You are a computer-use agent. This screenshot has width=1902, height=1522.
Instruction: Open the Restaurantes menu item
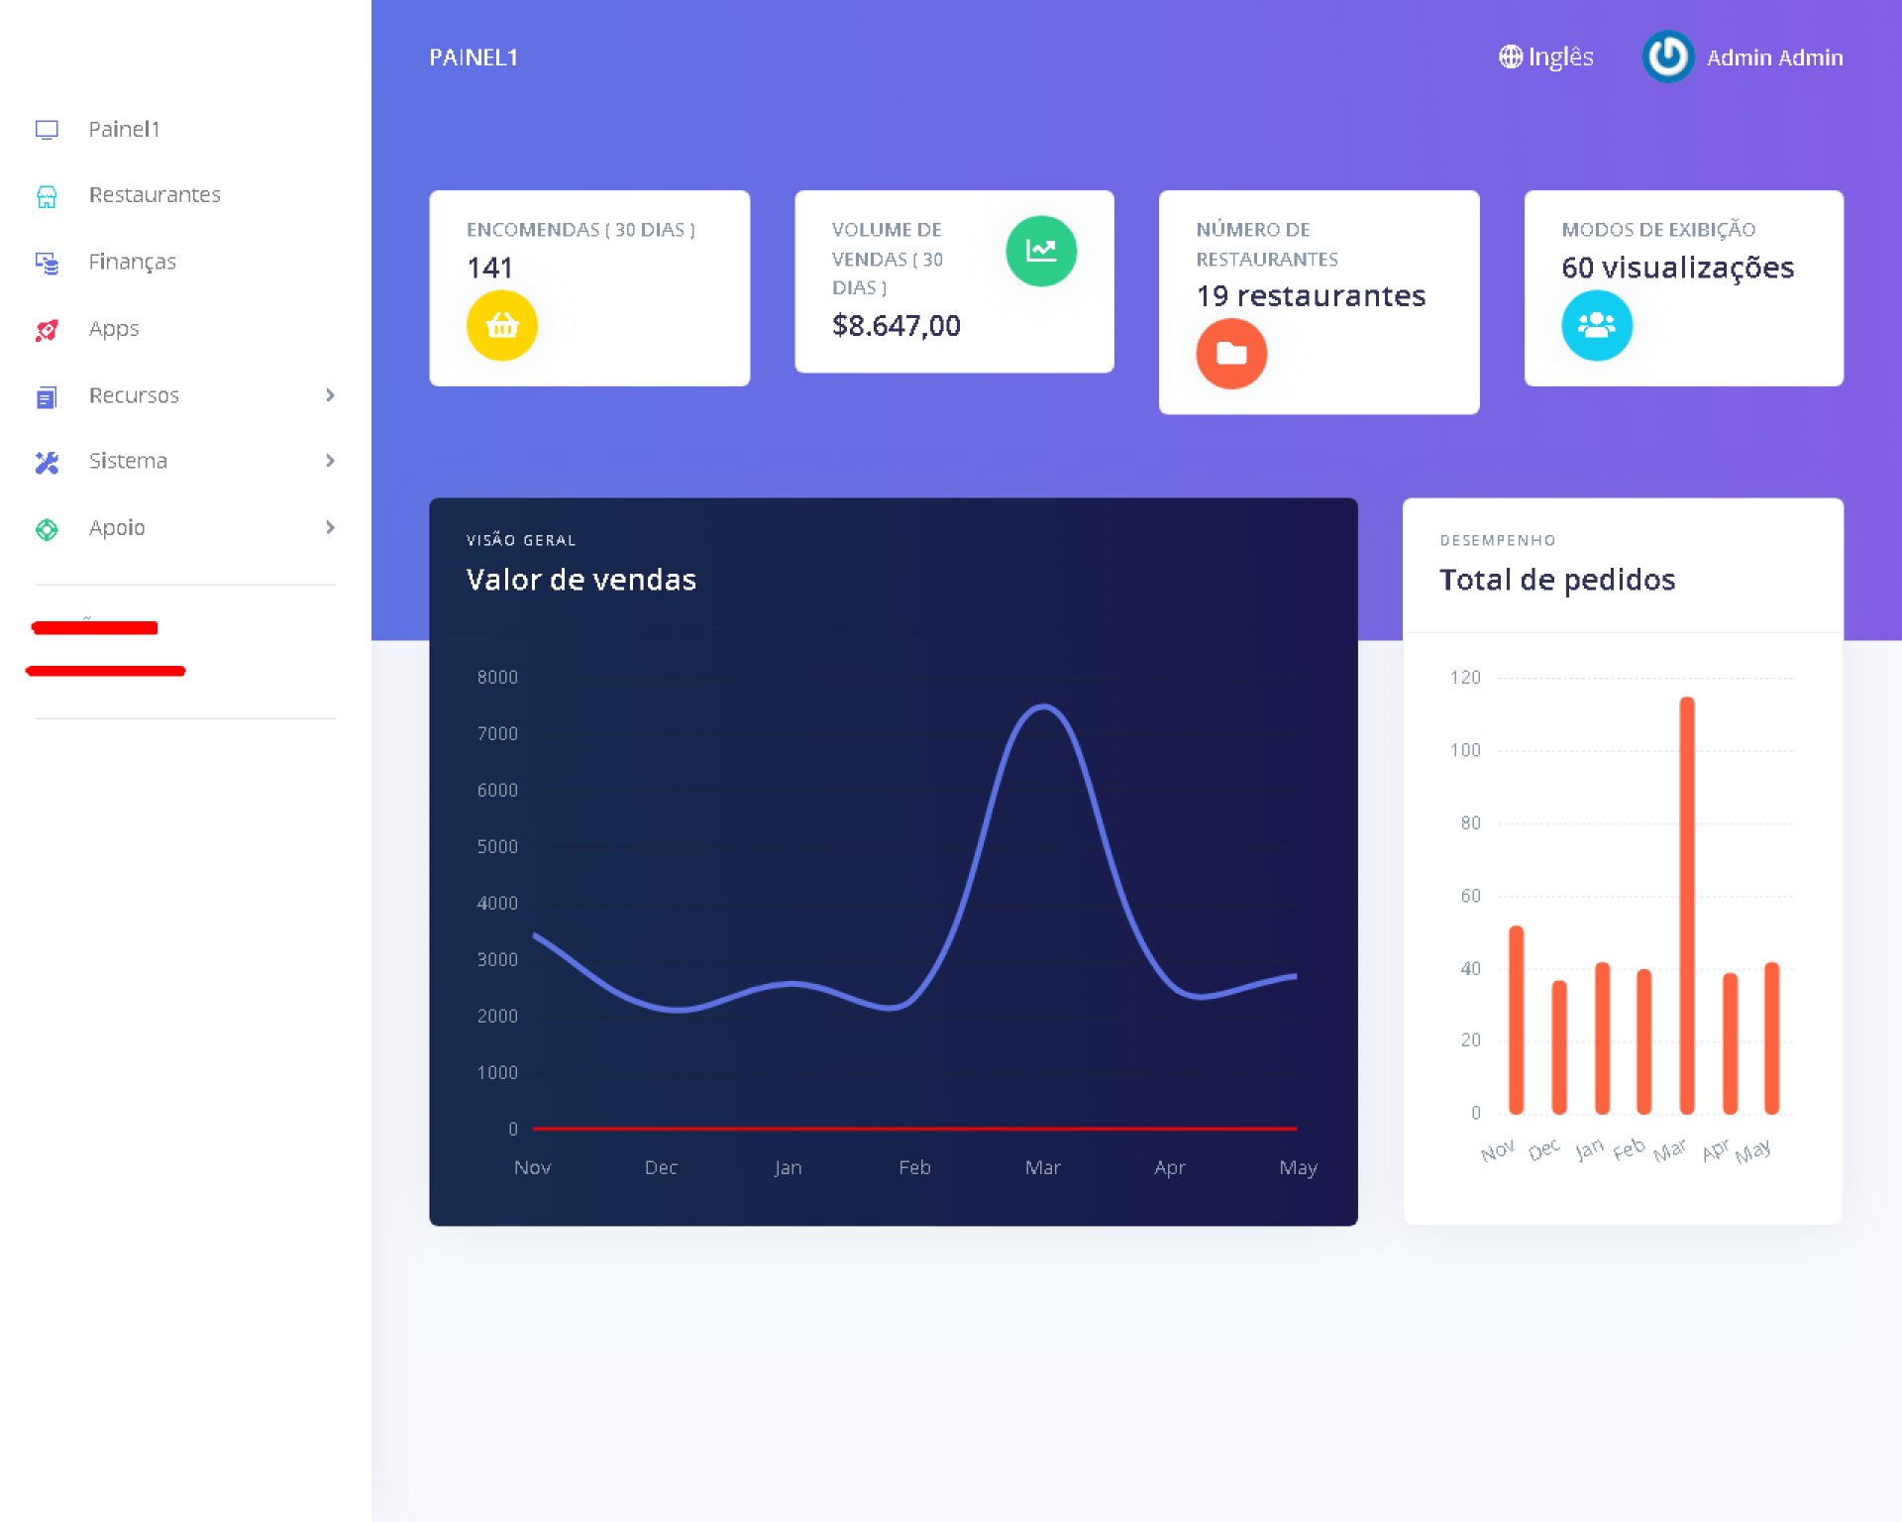click(x=154, y=195)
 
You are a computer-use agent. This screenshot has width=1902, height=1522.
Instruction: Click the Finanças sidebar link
click(x=132, y=262)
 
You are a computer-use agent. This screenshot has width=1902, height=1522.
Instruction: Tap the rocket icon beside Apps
click(x=47, y=330)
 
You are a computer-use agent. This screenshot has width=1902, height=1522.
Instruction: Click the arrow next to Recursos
click(x=330, y=395)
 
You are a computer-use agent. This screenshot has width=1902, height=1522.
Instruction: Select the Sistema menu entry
click(x=128, y=461)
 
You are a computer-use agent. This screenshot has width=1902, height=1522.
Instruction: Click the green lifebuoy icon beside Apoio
click(x=47, y=529)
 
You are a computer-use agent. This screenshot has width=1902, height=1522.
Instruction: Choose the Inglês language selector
click(x=1546, y=57)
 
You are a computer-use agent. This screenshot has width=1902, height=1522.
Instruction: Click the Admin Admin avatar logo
click(x=1667, y=56)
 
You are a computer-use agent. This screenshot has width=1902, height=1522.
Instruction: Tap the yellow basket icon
click(x=502, y=325)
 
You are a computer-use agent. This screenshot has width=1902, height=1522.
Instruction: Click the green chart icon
click(x=1040, y=251)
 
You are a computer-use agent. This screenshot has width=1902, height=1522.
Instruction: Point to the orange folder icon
click(x=1231, y=353)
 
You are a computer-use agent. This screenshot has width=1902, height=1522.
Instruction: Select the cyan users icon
click(x=1596, y=325)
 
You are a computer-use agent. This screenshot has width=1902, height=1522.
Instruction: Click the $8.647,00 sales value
click(x=896, y=325)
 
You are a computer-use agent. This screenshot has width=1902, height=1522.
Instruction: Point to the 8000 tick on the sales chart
click(x=497, y=677)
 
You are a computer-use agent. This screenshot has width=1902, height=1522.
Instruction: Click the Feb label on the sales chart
click(x=914, y=1167)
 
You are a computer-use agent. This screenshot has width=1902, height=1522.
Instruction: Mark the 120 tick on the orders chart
click(x=1465, y=677)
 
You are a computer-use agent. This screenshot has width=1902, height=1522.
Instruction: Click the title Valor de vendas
click(x=581, y=580)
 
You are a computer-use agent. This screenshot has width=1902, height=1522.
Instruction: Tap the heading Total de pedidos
click(x=1557, y=580)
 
